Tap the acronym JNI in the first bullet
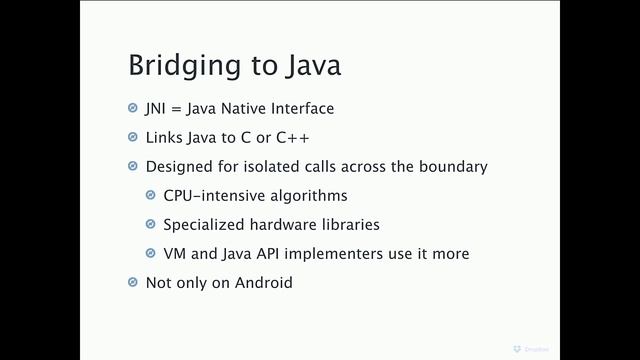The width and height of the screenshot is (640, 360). coord(156,109)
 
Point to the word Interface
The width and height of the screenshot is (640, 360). coord(309,109)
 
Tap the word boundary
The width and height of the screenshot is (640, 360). coord(455,166)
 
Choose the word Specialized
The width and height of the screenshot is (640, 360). coord(202,225)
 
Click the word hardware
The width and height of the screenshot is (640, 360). coord(282,225)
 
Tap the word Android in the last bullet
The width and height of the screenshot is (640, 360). coord(260,283)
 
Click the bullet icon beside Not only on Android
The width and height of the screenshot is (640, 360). coord(134,283)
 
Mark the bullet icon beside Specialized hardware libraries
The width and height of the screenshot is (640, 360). coord(152,225)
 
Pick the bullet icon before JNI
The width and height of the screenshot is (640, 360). coord(134,109)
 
